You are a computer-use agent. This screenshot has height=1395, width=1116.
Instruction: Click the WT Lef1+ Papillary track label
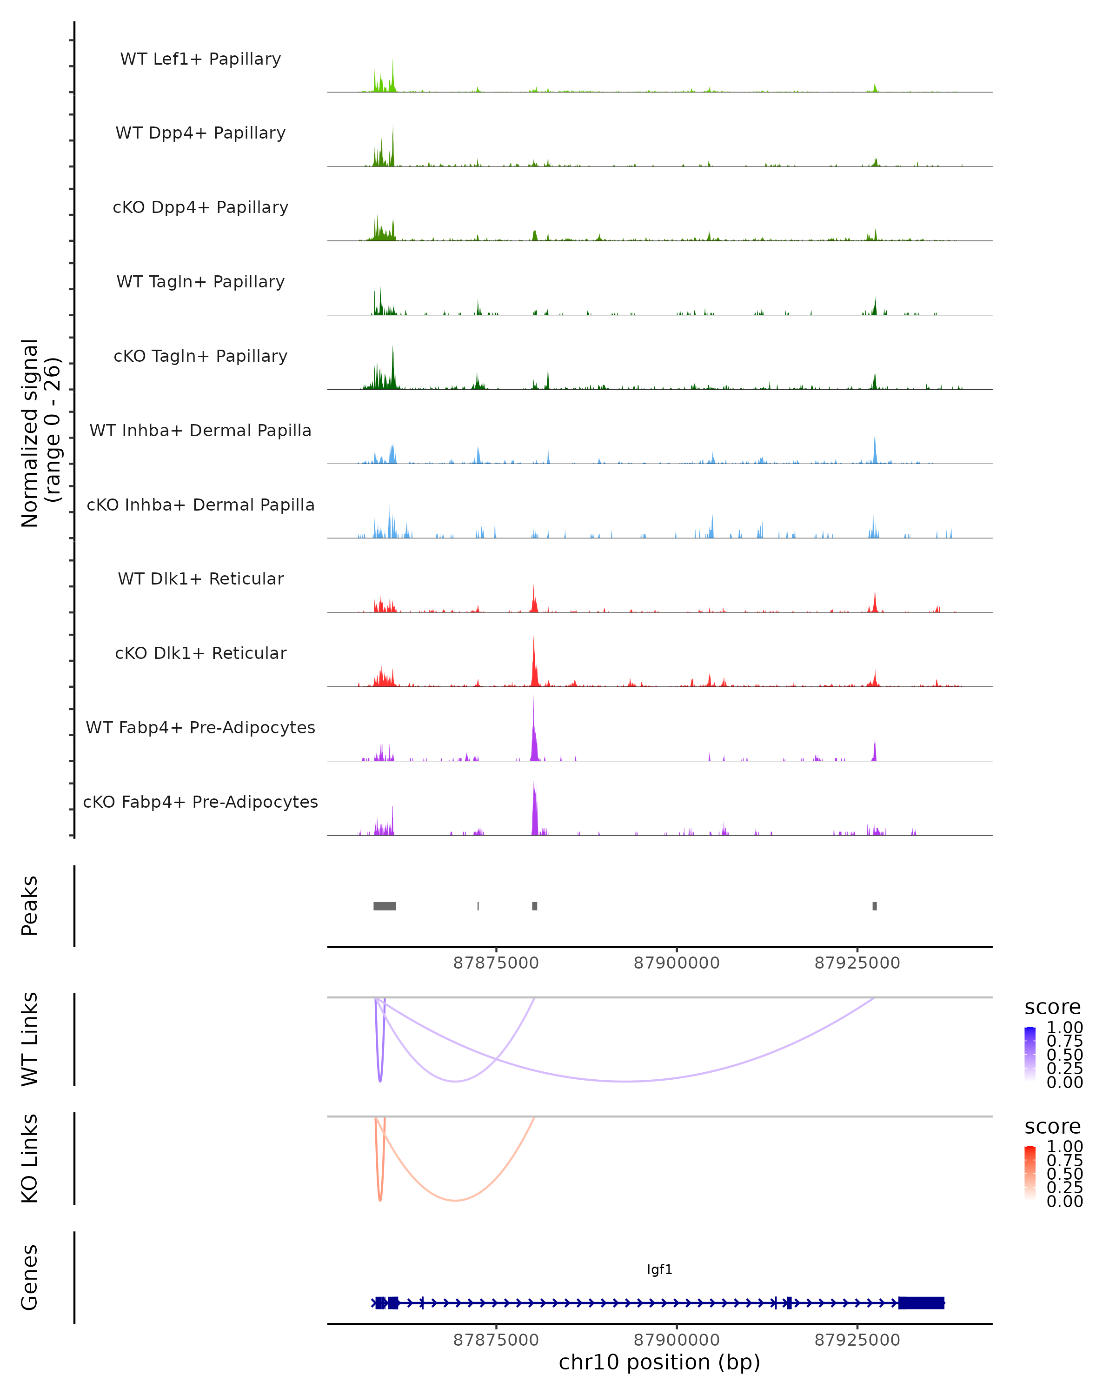click(200, 59)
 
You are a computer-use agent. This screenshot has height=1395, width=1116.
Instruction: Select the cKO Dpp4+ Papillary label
click(200, 208)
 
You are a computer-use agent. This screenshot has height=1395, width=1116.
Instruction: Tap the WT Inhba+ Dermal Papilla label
click(200, 431)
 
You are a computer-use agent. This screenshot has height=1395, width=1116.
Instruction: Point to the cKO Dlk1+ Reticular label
click(200, 653)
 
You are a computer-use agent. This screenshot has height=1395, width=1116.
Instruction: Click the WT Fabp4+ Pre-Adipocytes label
click(200, 728)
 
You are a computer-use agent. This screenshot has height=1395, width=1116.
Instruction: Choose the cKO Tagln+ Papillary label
click(200, 357)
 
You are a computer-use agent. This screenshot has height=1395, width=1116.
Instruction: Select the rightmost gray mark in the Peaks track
click(875, 906)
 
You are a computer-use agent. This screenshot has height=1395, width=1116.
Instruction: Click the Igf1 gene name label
click(659, 1269)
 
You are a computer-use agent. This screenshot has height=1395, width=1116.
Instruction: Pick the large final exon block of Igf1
click(921, 1303)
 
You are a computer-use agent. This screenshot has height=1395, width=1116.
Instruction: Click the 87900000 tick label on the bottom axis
click(677, 1340)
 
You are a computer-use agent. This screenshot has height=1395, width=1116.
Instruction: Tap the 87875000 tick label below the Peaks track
click(496, 963)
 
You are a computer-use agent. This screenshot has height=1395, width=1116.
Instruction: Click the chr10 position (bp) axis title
click(659, 1362)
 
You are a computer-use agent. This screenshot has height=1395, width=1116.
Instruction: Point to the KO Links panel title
click(30, 1159)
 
